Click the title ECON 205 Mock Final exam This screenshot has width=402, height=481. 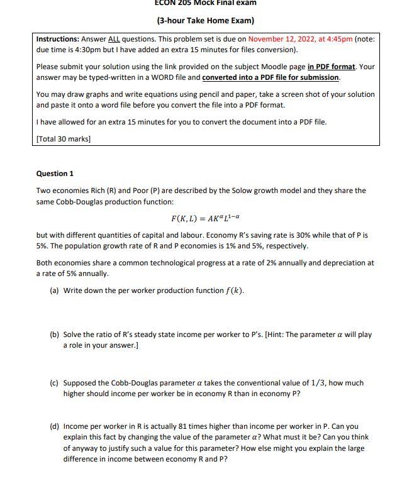tap(205, 3)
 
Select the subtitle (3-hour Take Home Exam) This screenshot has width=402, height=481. tap(205, 21)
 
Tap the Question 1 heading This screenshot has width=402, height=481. tap(55, 174)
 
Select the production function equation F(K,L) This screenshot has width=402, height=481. tap(205, 218)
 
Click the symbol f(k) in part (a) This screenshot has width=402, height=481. tap(234, 290)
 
